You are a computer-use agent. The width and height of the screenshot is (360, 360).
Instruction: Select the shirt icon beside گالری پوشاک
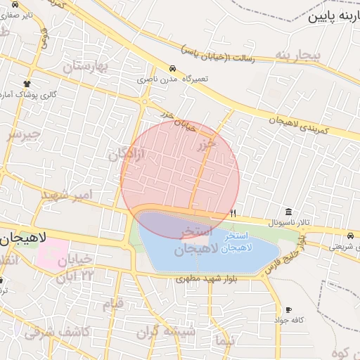click(x=27, y=84)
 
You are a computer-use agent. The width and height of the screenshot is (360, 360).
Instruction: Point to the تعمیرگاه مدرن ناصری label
click(x=173, y=79)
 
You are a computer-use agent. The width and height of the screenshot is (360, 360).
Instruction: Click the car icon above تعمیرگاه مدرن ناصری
click(x=172, y=69)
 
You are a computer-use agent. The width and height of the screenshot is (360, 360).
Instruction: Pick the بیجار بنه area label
click(x=297, y=55)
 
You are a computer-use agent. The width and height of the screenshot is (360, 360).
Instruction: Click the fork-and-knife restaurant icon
click(x=233, y=212)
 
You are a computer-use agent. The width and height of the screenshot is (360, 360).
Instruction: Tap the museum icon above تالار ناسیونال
click(x=289, y=212)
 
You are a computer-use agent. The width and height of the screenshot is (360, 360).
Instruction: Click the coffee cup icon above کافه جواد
click(x=288, y=310)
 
